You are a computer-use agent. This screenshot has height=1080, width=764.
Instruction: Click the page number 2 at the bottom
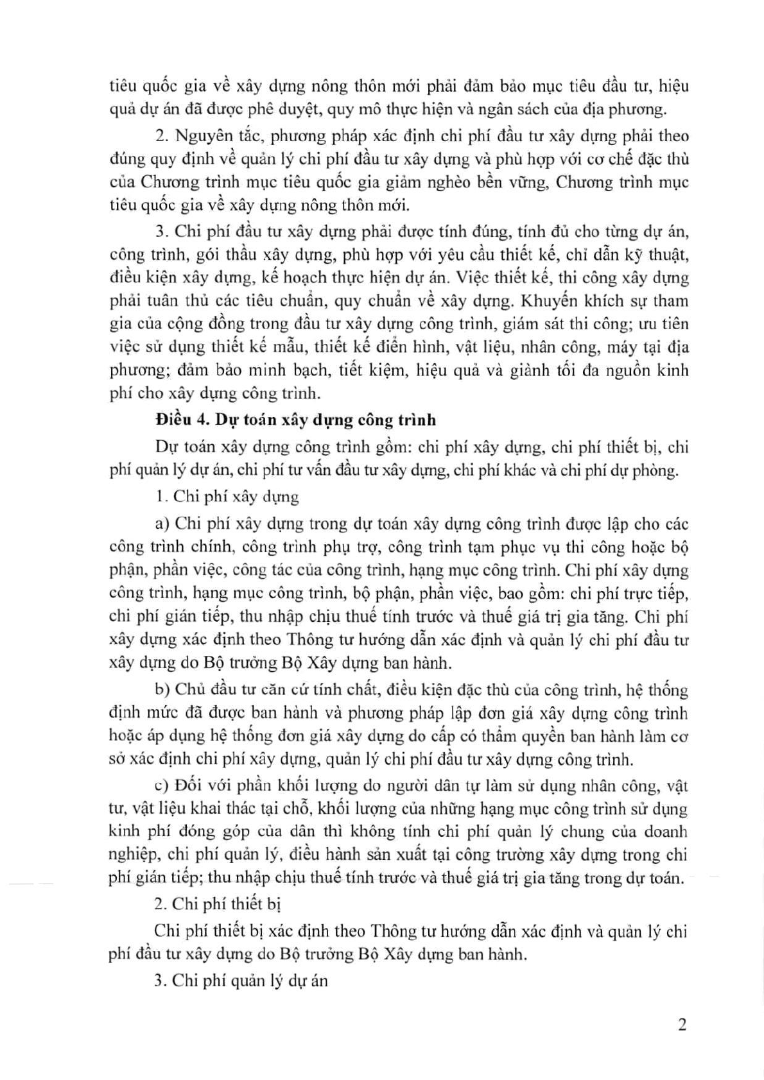click(682, 1024)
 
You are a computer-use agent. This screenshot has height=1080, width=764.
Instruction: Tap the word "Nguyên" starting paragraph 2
click(200, 136)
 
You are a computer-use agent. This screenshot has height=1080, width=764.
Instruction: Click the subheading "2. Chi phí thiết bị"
click(218, 904)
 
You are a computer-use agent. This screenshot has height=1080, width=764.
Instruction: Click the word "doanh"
click(663, 832)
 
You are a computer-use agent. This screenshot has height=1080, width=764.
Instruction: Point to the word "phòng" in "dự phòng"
click(657, 471)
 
